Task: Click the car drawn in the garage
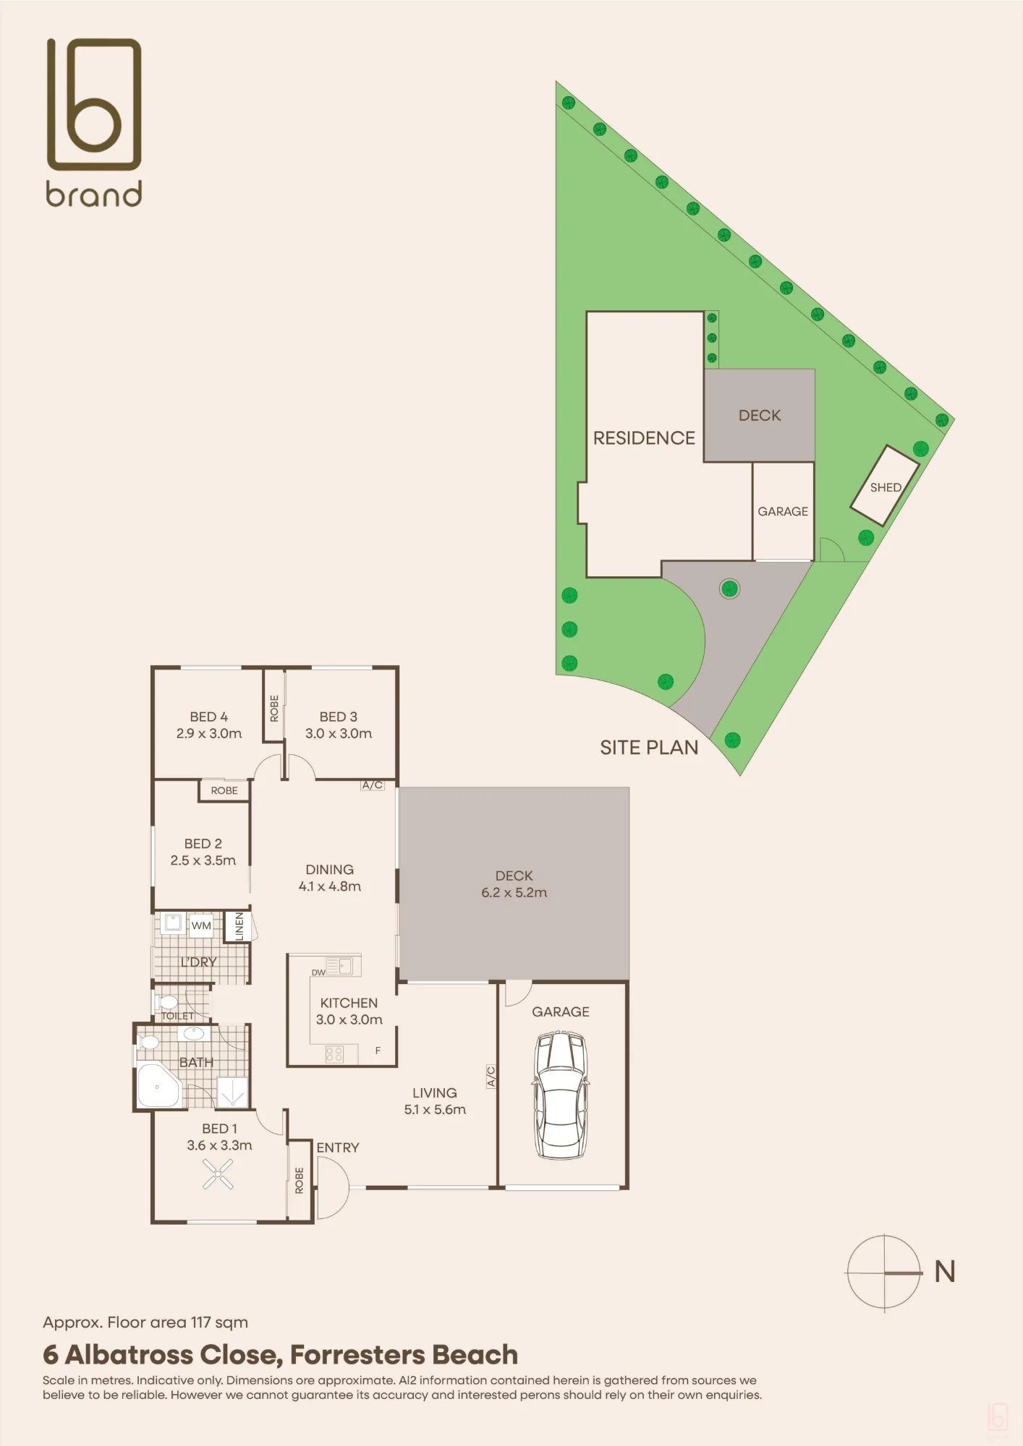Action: pyautogui.click(x=561, y=1095)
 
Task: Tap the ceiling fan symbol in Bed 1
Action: pyautogui.click(x=218, y=1174)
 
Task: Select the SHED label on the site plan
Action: pyautogui.click(x=886, y=487)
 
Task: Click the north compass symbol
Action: pyautogui.click(x=884, y=1272)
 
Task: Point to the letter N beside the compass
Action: pyautogui.click(x=945, y=1272)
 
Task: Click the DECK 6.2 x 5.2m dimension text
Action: pyautogui.click(x=514, y=892)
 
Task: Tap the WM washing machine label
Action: pyautogui.click(x=201, y=925)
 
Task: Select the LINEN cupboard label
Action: pyautogui.click(x=239, y=926)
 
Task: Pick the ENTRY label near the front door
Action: pyautogui.click(x=337, y=1147)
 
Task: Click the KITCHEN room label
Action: pyautogui.click(x=349, y=1003)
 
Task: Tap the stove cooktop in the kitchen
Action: pyautogui.click(x=334, y=1054)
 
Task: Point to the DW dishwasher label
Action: pyautogui.click(x=318, y=972)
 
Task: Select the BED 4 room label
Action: pyautogui.click(x=208, y=716)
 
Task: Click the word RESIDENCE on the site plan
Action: pyautogui.click(x=644, y=438)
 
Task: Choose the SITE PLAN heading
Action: pyautogui.click(x=649, y=748)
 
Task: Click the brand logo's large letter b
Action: pyautogui.click(x=94, y=105)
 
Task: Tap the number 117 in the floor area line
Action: pyautogui.click(x=200, y=1322)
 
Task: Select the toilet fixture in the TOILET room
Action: pyautogui.click(x=166, y=1003)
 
